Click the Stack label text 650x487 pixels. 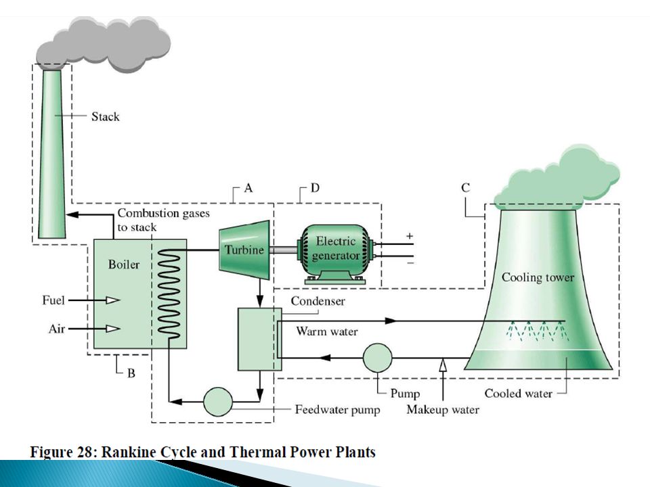coord(105,117)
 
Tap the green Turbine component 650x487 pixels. coord(244,250)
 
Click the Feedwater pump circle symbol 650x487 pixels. coord(217,401)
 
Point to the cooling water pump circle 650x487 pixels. coord(377,358)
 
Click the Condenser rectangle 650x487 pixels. coord(259,338)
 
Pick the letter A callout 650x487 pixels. coord(248,189)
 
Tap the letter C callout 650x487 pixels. coord(466,189)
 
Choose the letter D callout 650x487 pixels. coord(315,189)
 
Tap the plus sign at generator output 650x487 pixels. coord(408,235)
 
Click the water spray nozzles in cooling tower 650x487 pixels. coord(538,331)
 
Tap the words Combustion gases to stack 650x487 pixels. coord(163,220)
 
